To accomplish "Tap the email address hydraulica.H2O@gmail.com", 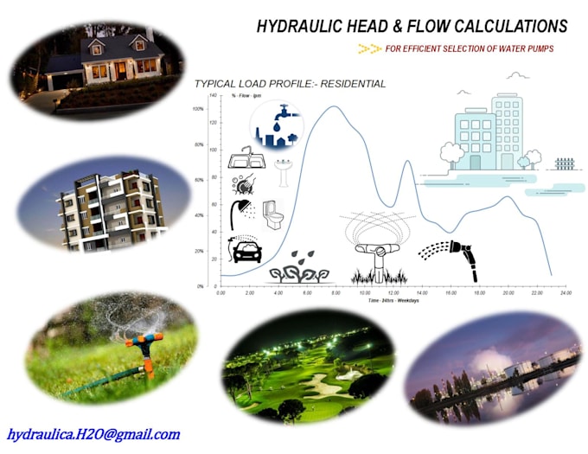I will (x=93, y=434).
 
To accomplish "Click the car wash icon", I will (x=245, y=250).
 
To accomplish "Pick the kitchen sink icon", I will (x=245, y=159).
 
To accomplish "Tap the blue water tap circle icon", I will (x=276, y=126).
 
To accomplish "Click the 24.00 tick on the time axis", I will (x=566, y=294).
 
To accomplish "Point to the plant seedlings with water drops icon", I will (x=299, y=269).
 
